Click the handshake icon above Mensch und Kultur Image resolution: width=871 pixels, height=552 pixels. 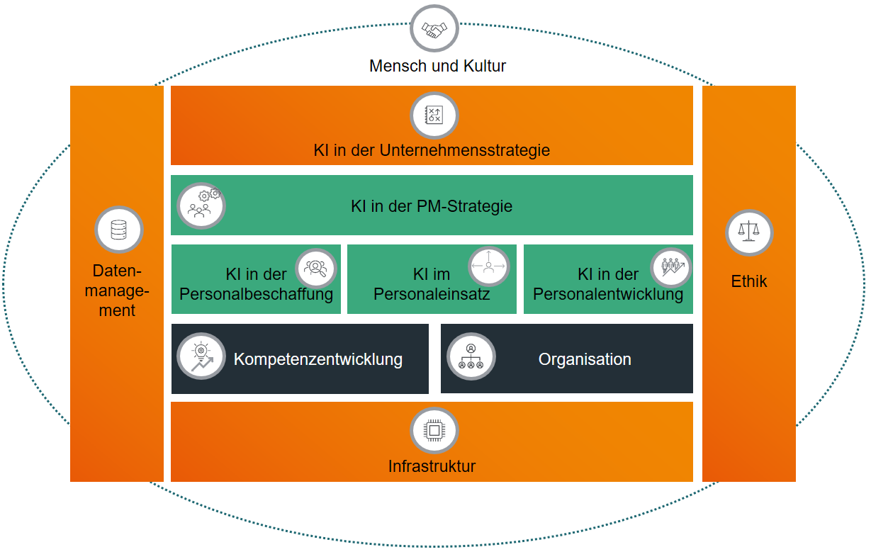(x=434, y=29)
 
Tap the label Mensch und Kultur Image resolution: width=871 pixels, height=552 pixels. (x=437, y=67)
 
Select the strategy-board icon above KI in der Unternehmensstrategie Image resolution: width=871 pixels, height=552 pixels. (x=434, y=116)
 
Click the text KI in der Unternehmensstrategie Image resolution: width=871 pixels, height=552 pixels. (x=432, y=150)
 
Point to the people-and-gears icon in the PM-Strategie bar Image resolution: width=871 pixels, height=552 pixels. (x=201, y=205)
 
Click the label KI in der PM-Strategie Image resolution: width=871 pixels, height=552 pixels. (x=431, y=207)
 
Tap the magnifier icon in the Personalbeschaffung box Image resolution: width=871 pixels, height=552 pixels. (x=316, y=269)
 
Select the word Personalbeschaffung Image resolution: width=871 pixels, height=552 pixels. (x=257, y=294)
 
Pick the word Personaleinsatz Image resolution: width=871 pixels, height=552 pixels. (x=432, y=294)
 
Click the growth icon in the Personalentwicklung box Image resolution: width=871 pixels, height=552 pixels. (x=670, y=267)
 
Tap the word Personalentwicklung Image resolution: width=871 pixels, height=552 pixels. (x=608, y=294)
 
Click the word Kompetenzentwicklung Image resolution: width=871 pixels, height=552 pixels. (x=318, y=359)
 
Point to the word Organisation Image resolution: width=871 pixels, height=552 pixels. (x=585, y=359)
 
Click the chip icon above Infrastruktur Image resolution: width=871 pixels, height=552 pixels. (x=434, y=431)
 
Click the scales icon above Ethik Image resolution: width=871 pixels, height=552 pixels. (x=749, y=232)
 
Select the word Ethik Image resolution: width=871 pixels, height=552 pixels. (x=749, y=281)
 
